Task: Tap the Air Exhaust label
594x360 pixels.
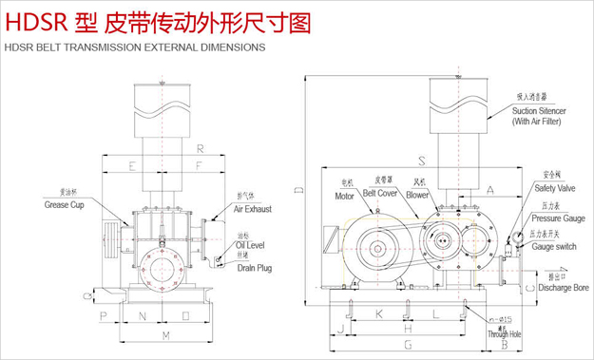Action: (253, 207)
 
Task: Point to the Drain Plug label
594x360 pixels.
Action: (254, 269)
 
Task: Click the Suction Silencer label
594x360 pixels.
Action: (539, 111)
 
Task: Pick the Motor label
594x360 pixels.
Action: (344, 197)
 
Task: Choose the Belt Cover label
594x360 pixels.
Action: (379, 192)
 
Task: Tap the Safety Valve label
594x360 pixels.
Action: (552, 189)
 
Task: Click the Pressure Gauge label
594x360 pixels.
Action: (558, 218)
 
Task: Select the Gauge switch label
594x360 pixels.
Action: (554, 247)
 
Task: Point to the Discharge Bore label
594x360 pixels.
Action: (564, 287)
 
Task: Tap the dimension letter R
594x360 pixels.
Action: (199, 149)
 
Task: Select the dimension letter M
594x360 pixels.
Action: (165, 336)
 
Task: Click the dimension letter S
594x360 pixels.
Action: (421, 159)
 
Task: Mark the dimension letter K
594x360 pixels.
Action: (377, 313)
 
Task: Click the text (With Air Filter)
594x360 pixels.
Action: (538, 122)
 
